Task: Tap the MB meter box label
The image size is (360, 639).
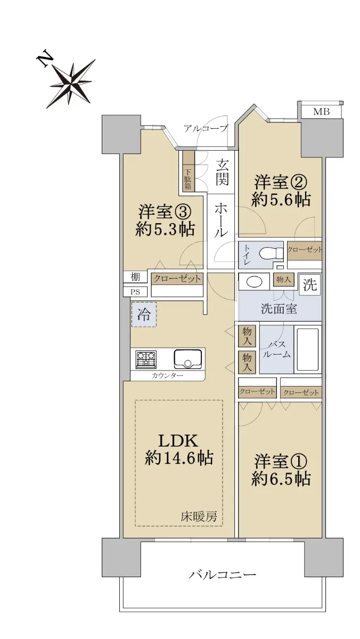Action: (322, 112)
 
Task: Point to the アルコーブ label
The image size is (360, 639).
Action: (206, 128)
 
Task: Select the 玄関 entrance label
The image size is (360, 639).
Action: (222, 173)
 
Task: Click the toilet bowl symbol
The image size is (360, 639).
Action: (271, 253)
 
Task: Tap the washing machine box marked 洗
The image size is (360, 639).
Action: (310, 285)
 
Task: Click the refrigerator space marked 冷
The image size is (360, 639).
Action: (144, 315)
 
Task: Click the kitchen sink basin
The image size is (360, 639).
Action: (188, 359)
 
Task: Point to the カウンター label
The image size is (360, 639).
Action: (167, 375)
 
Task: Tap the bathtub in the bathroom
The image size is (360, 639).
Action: (308, 349)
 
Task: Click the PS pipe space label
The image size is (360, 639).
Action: (135, 292)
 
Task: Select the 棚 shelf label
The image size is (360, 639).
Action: (135, 277)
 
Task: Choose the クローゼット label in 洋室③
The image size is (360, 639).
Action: (177, 278)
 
